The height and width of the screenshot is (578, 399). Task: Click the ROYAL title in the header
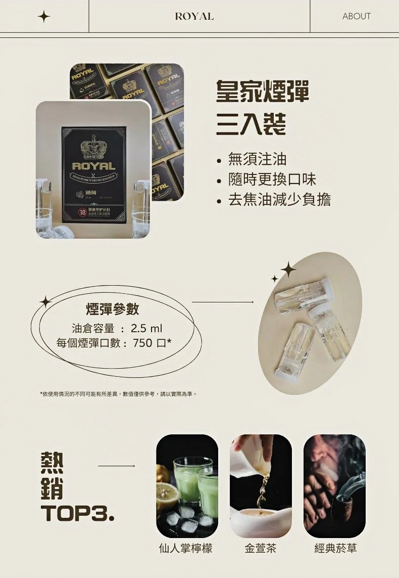194,16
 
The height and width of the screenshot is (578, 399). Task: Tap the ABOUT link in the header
356,16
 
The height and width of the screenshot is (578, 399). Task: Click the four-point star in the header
44,17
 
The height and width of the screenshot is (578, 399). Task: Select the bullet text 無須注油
257,160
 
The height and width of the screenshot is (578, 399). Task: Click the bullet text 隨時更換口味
272,180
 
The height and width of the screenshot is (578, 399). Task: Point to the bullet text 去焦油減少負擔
279,199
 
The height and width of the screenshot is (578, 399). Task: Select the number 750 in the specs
143,343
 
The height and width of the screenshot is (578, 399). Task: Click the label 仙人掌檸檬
185,548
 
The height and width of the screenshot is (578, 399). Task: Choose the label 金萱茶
261,548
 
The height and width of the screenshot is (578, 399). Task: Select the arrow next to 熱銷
117,465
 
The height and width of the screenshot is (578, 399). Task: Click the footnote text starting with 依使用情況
118,393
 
